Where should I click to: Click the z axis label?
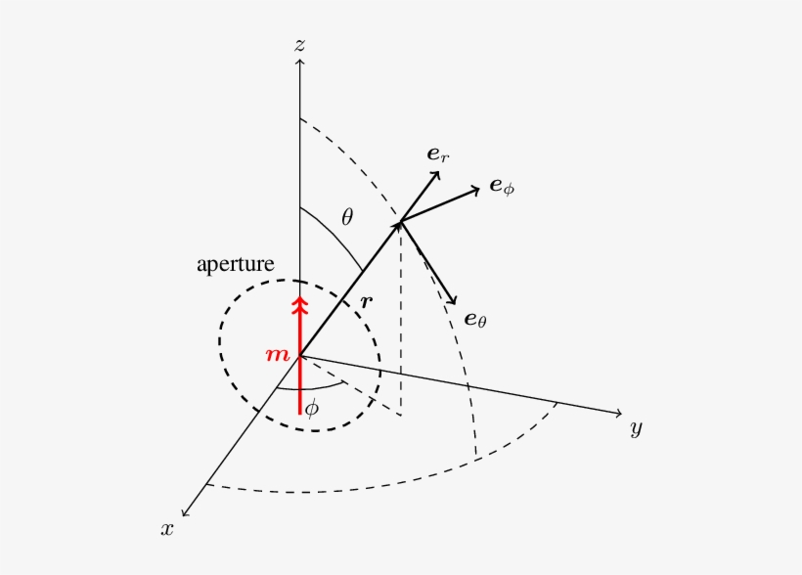tap(300, 45)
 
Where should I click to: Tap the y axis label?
tap(636, 428)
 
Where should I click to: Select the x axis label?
tap(168, 528)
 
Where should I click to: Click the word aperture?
tap(235, 264)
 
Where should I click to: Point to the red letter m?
tap(278, 354)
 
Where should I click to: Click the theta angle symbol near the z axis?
tap(346, 217)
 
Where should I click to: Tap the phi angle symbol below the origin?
tap(311, 409)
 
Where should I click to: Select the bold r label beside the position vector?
tap(366, 302)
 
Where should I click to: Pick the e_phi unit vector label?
tap(501, 186)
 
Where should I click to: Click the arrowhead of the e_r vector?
tap(435, 174)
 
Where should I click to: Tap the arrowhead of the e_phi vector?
tap(476, 188)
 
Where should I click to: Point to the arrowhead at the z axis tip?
tap(300, 63)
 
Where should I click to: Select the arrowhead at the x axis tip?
tap(185, 510)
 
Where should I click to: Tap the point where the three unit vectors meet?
tap(400, 222)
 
